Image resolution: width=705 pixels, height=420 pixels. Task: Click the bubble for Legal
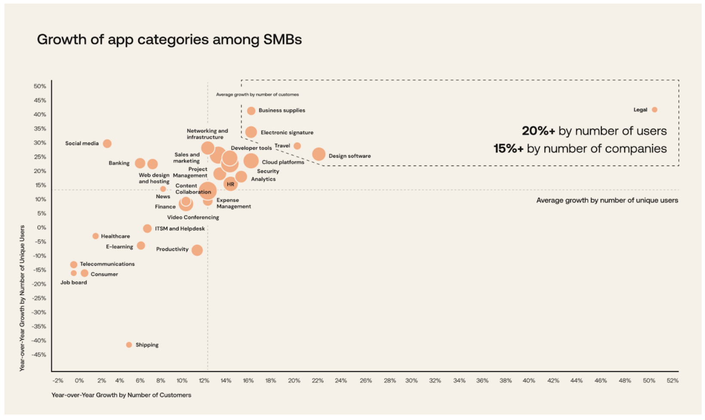coord(654,110)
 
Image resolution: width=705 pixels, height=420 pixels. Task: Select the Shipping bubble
coord(129,345)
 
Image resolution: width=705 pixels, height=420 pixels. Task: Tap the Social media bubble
coord(107,144)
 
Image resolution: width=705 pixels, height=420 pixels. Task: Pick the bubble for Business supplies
coord(251,111)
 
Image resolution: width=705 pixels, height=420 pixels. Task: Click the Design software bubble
coord(319,154)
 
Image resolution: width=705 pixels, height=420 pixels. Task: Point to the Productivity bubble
coord(197,250)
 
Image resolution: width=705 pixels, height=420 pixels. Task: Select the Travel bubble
coord(297,146)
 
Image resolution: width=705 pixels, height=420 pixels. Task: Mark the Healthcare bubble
coord(95,236)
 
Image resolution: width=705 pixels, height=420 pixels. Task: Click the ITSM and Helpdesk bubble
coord(147,229)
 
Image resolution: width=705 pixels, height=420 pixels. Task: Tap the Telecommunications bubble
coord(74,265)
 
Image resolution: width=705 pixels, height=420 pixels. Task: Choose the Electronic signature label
coord(287,133)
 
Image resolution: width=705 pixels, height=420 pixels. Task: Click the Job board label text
coord(74,282)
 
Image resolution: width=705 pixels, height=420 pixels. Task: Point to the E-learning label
coord(120,247)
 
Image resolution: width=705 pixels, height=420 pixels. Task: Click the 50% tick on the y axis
coord(40,86)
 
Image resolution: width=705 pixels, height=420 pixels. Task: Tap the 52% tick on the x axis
coord(672,380)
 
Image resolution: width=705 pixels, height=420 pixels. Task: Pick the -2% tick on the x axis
coord(58,380)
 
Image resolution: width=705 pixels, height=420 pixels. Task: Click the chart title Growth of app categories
coord(169,40)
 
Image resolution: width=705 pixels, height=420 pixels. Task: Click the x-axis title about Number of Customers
coord(121,395)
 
